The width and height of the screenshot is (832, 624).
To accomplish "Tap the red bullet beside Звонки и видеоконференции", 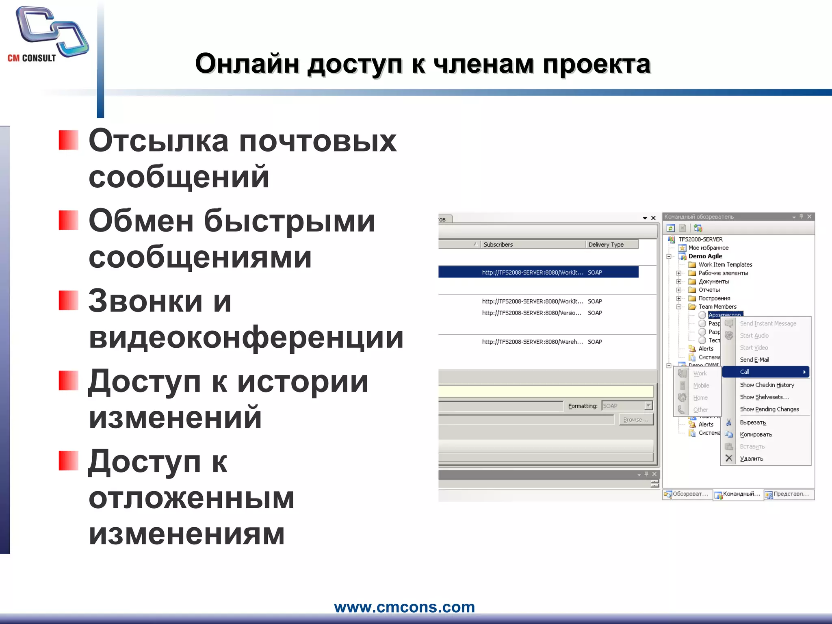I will (x=68, y=300).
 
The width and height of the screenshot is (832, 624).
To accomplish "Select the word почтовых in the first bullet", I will (x=317, y=141).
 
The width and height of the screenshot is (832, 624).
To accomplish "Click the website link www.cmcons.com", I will (x=404, y=607).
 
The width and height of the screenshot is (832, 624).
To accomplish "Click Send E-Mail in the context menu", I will (x=754, y=360).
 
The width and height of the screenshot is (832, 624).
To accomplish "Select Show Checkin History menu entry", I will (x=767, y=385).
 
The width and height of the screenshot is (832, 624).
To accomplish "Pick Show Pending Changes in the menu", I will (x=769, y=409).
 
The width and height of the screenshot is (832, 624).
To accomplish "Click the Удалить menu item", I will (x=751, y=459).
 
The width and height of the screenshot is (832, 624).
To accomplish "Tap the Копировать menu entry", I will (x=756, y=434).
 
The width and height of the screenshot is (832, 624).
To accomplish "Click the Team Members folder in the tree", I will (x=717, y=307).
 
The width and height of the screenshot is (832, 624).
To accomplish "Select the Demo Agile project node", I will (x=705, y=256).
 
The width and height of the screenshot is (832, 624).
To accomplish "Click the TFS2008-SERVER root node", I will (x=700, y=239).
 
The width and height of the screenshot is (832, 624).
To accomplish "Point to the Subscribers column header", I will (x=498, y=245).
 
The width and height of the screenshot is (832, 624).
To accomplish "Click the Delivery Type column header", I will (x=606, y=245).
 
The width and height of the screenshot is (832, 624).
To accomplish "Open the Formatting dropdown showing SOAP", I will (x=648, y=405).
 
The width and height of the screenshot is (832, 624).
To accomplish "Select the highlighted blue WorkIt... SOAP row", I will (x=538, y=272).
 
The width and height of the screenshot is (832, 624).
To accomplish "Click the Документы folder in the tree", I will (x=713, y=282).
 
